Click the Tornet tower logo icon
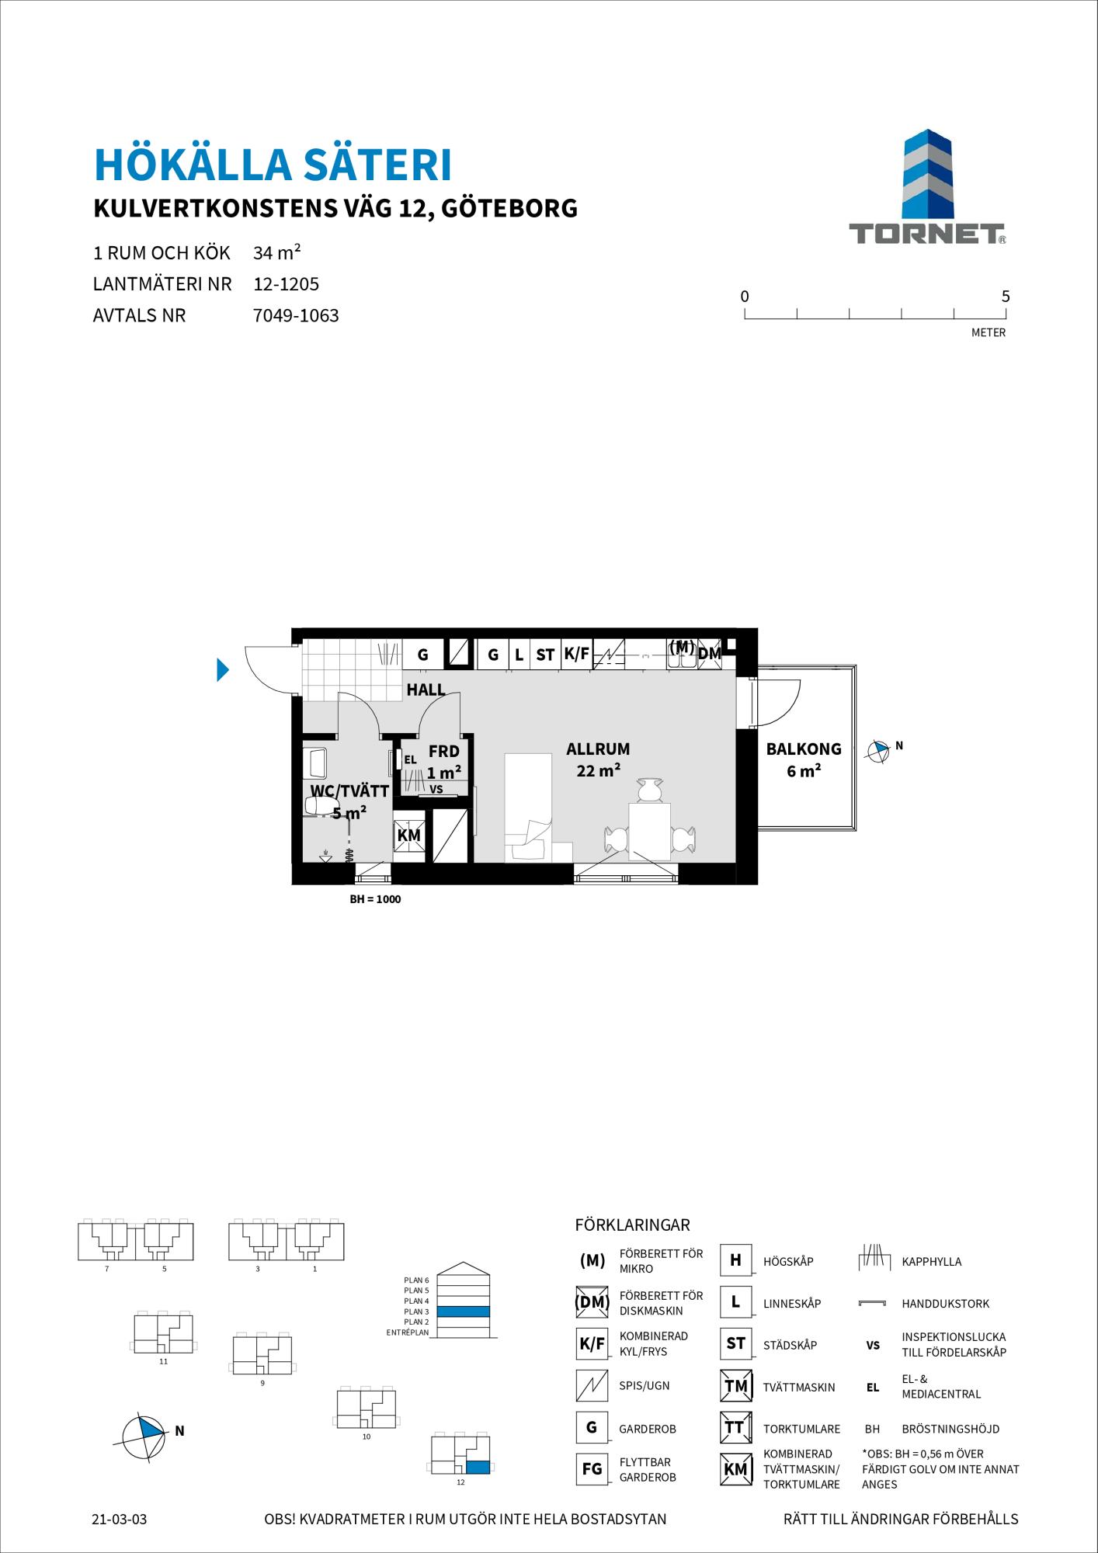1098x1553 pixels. pos(927,174)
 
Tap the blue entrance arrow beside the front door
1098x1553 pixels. pos(223,669)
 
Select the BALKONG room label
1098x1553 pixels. pos(804,749)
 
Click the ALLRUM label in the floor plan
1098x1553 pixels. pos(598,749)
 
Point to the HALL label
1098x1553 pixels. pos(426,690)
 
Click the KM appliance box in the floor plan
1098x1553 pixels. pos(409,836)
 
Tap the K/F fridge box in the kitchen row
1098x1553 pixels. pos(577,655)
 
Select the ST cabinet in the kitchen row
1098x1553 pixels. pos(545,655)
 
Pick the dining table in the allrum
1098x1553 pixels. pos(649,832)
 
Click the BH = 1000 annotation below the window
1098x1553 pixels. pos(375,900)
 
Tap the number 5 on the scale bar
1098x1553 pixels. pos(1006,296)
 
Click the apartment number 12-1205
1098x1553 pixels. pos(287,284)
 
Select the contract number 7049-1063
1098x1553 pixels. pos(297,316)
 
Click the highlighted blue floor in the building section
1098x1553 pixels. pos(464,1312)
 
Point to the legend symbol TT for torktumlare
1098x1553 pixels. pos(735,1427)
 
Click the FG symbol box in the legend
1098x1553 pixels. pos(592,1469)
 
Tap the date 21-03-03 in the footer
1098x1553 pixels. pos(119,1520)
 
